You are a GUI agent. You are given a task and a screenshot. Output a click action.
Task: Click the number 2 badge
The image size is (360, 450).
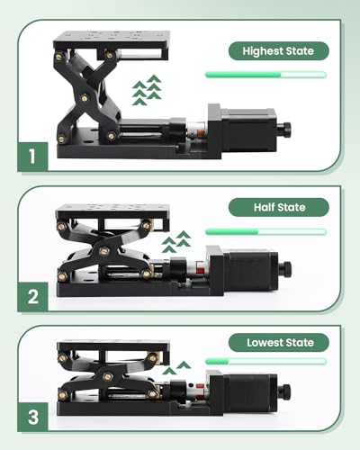[x=31, y=296]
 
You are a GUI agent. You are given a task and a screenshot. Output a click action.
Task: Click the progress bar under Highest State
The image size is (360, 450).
[x=265, y=75]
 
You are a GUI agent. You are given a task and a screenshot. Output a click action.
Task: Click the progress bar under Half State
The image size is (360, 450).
[x=265, y=231]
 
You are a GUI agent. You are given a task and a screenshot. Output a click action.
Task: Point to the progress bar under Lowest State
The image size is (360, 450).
[x=265, y=362]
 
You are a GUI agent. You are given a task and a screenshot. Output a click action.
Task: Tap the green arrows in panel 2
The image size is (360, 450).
[x=176, y=241]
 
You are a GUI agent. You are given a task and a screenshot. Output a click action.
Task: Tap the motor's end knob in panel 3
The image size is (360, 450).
[x=284, y=391]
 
